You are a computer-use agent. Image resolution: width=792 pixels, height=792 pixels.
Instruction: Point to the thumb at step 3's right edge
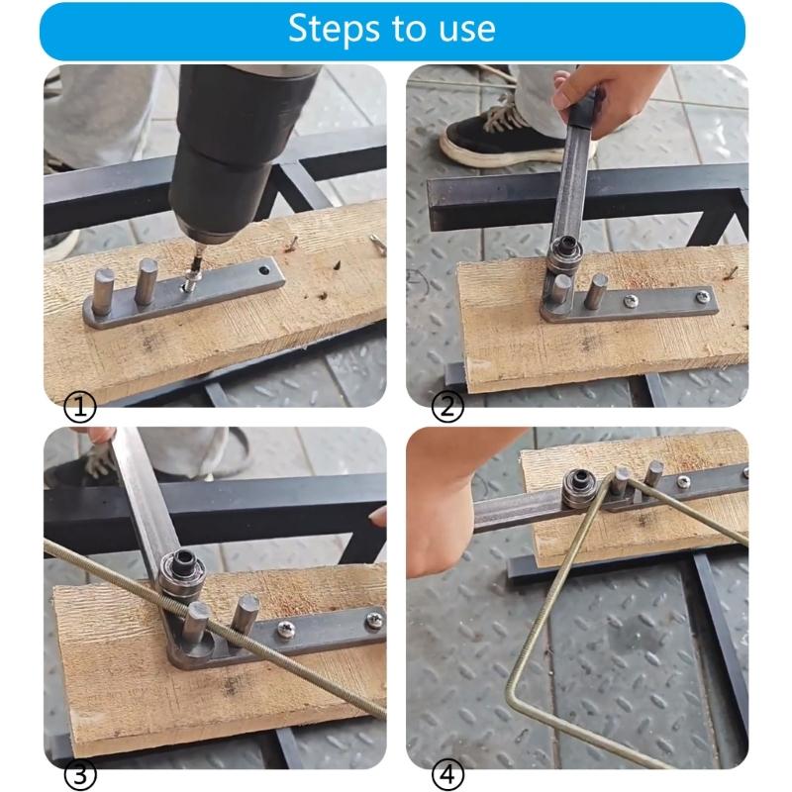[377, 516]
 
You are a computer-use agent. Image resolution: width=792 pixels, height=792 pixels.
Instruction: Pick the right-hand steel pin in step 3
[242, 617]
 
